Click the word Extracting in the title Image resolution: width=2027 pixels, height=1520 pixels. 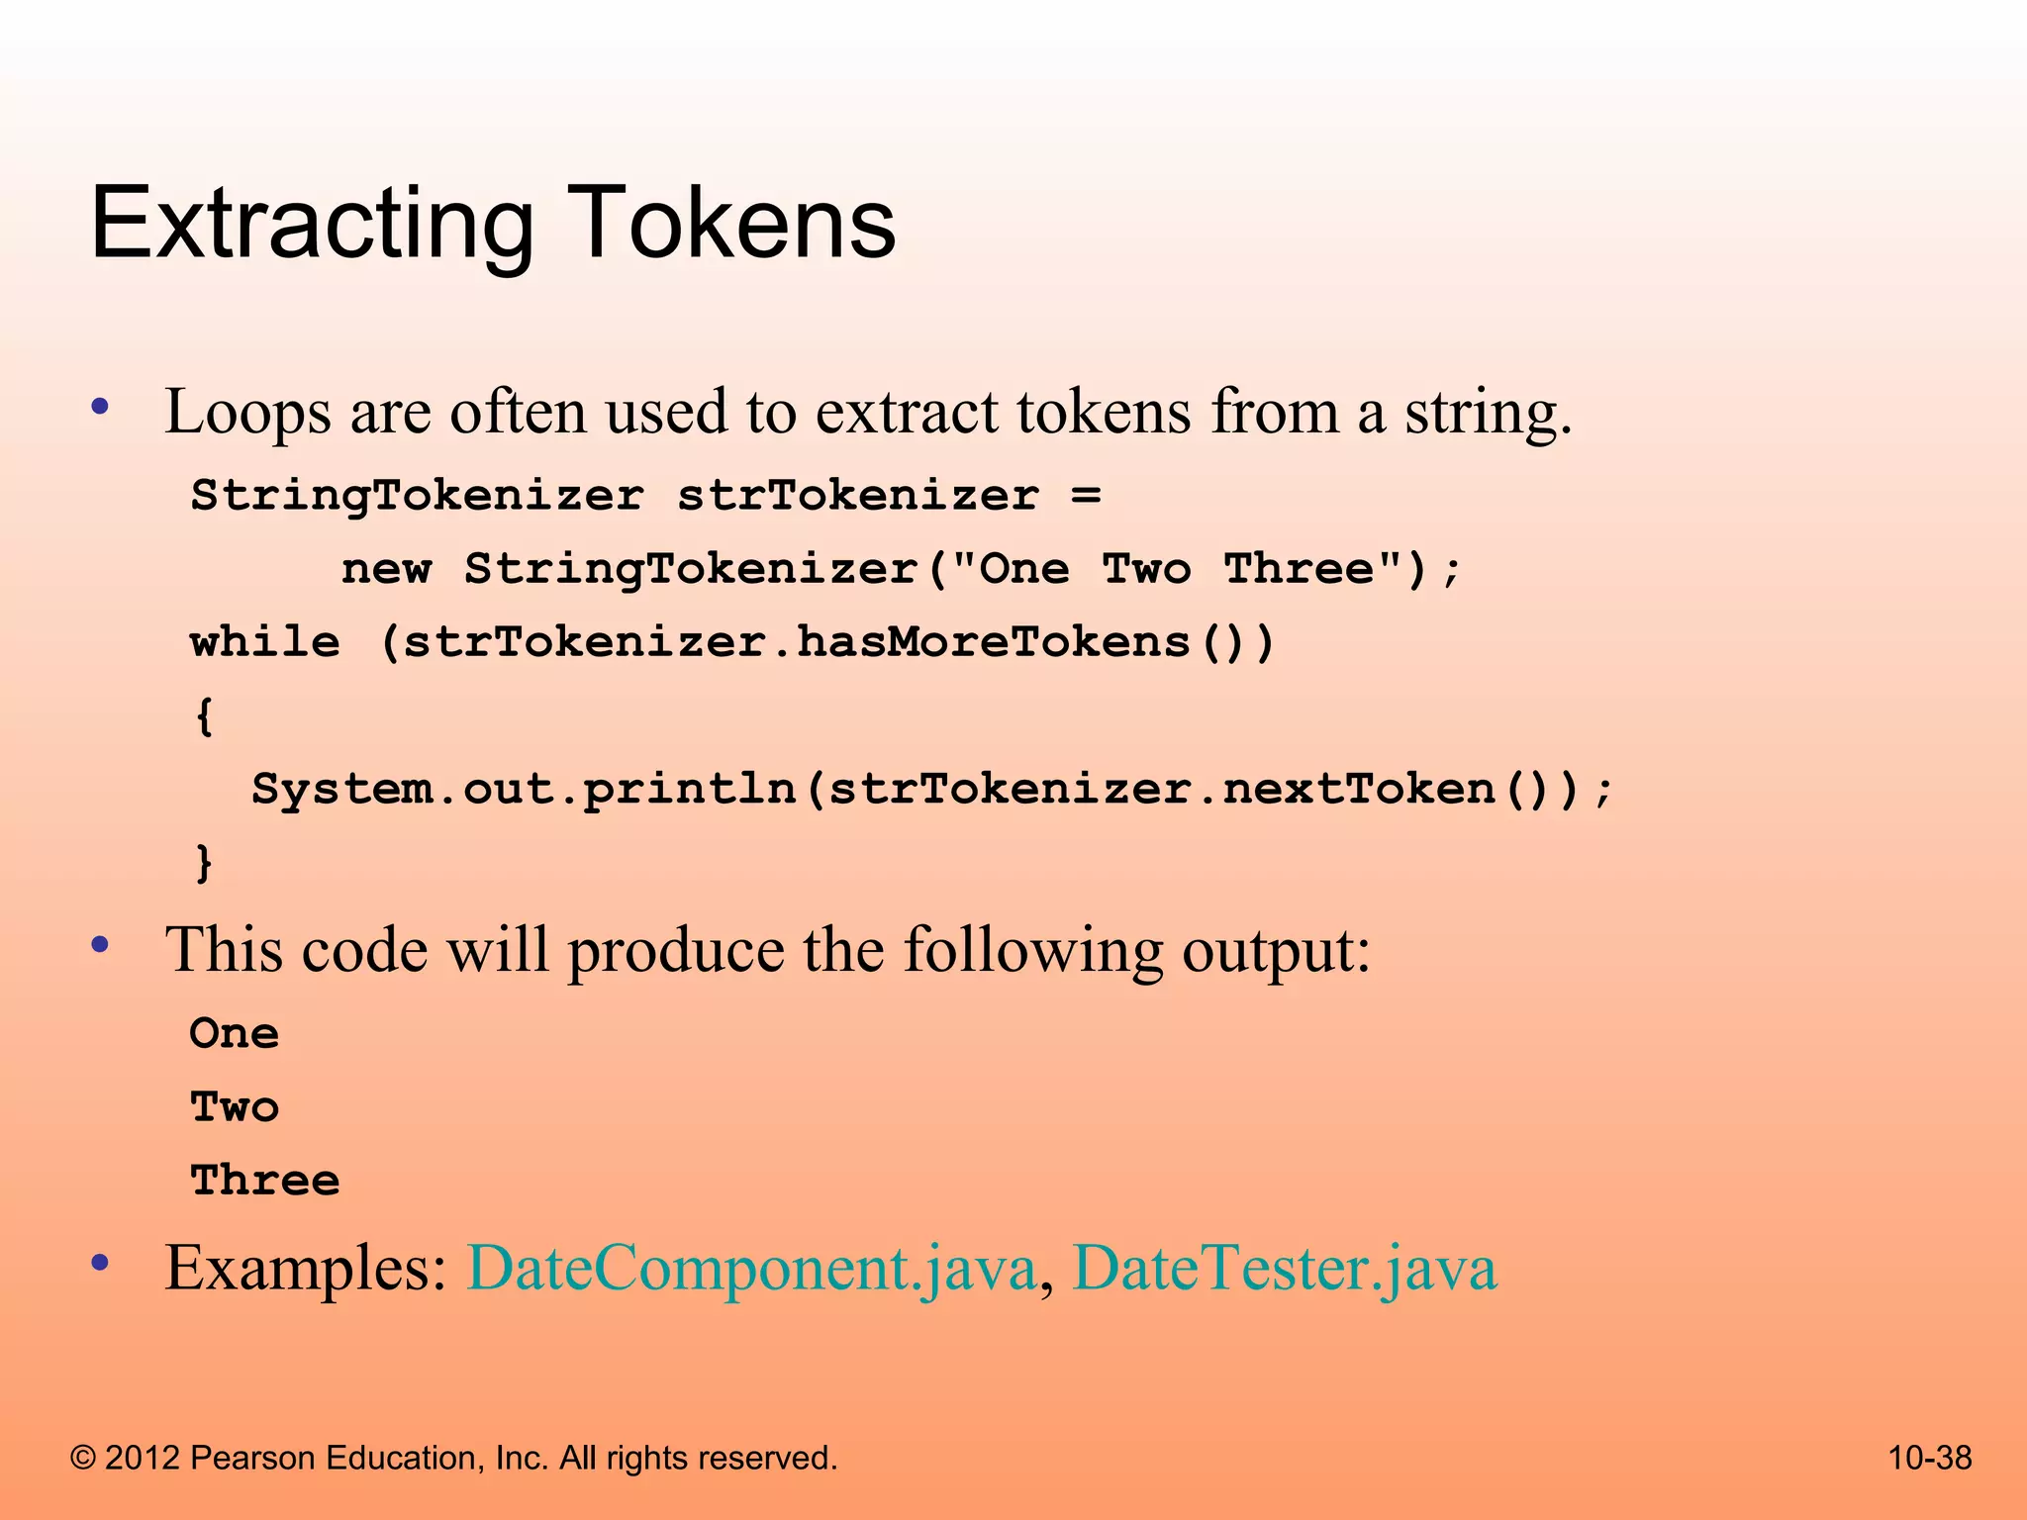[x=312, y=226]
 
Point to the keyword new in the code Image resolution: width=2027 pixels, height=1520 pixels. [x=386, y=569]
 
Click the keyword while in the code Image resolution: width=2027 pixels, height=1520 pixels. [x=265, y=642]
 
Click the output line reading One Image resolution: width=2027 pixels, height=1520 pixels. [x=235, y=1034]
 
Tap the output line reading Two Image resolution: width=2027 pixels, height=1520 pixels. [x=235, y=1107]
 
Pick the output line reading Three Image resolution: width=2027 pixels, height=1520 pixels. [x=265, y=1181]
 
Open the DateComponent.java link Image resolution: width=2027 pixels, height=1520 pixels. [x=751, y=1269]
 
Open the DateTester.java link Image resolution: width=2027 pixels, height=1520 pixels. [x=1284, y=1269]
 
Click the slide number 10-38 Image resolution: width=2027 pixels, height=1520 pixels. [x=1929, y=1458]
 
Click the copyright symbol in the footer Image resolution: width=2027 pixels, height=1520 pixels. [x=83, y=1459]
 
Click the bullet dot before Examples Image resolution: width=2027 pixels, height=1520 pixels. [x=99, y=1263]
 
